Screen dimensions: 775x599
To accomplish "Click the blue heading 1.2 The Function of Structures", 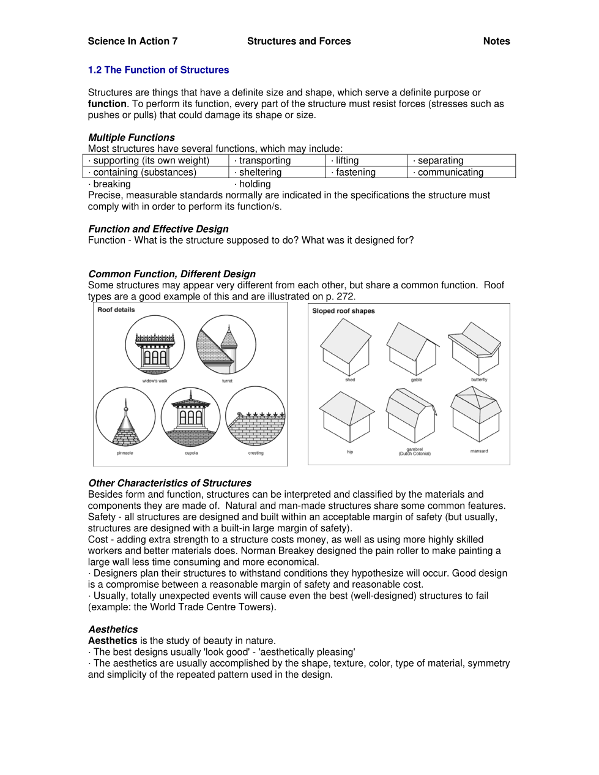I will click(158, 70).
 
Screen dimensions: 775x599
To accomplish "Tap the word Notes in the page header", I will click(496, 41).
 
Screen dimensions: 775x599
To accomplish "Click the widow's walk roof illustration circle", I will click(155, 345).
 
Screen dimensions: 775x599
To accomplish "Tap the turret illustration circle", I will click(226, 345).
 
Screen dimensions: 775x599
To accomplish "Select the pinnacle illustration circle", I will click(125, 416).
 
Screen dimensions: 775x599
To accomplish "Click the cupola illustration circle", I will click(191, 416).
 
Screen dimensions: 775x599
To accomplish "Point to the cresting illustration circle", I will click(256, 416).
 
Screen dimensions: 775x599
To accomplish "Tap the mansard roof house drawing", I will click(476, 416).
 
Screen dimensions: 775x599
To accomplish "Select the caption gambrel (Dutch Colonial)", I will click(415, 452).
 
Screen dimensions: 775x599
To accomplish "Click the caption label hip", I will click(350, 452).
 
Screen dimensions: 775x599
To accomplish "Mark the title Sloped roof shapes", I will click(343, 311).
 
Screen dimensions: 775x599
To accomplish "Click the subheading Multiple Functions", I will click(132, 137).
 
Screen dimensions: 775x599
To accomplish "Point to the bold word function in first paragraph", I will click(107, 104).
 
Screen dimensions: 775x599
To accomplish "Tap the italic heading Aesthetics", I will click(113, 629).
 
